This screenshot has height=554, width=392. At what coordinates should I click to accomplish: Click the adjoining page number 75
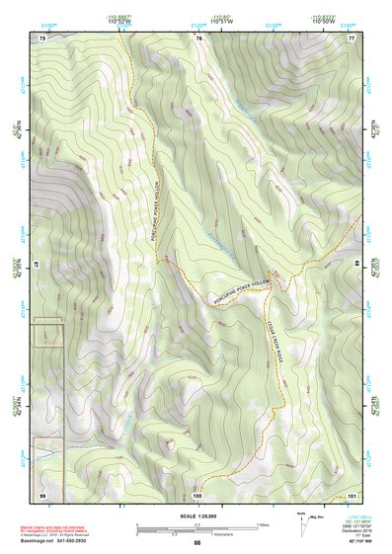click(42, 38)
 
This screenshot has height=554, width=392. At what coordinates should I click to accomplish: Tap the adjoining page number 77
click(351, 38)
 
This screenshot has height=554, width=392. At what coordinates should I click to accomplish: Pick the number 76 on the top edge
click(198, 38)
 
